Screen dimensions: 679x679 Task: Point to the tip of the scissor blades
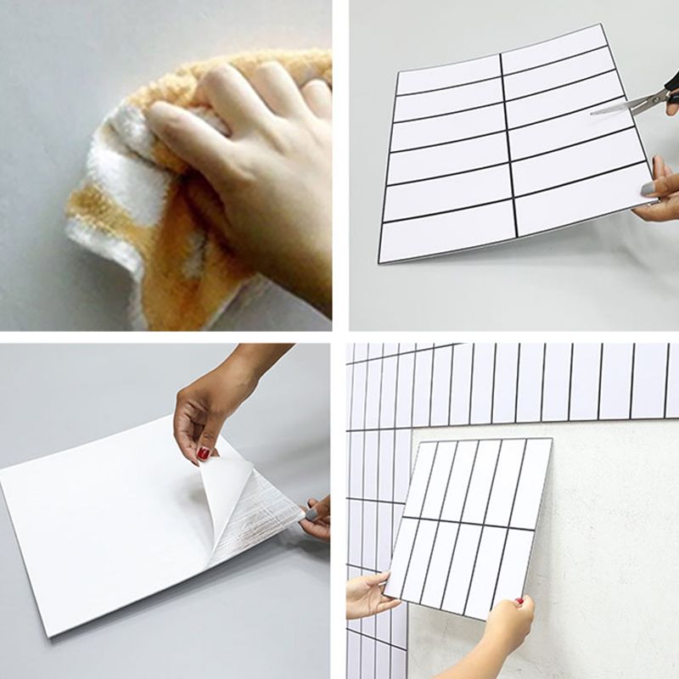594,111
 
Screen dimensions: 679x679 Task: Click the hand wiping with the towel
246,153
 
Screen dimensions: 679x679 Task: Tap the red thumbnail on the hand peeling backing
204,453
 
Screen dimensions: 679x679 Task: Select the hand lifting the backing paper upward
212,399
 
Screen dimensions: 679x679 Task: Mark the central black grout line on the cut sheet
508,144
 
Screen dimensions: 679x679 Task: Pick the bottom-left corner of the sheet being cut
380,259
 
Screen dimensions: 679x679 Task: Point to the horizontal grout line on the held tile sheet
467,523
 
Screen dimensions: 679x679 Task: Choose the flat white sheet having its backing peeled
110,526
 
